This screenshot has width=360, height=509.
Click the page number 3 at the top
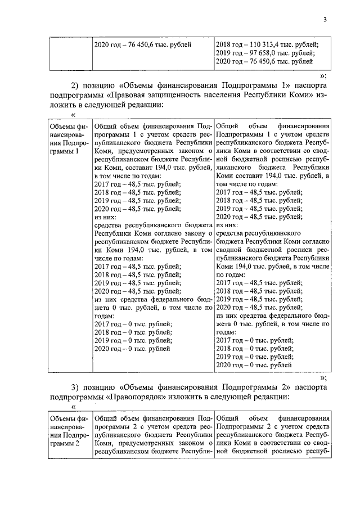pos(325,21)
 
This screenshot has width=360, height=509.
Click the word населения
pos(244,95)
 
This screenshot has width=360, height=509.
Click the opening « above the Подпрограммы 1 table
pos(74,115)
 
